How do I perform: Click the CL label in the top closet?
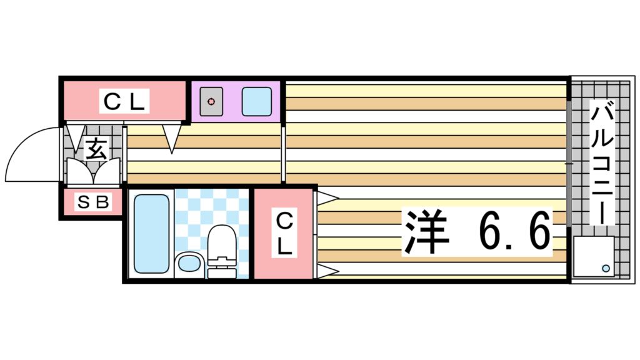[124, 101]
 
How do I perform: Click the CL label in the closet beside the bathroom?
[284, 234]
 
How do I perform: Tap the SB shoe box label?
[94, 202]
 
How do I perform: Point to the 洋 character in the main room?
[427, 231]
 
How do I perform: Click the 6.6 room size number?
[515, 231]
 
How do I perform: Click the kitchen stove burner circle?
[212, 101]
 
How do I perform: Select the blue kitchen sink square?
[256, 101]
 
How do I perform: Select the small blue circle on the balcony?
[606, 268]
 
